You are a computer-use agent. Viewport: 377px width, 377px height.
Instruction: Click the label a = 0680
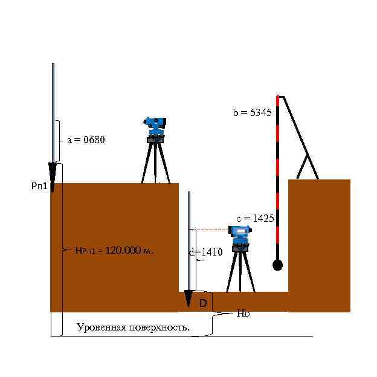tap(86, 140)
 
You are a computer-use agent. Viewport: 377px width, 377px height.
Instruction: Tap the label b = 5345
tap(252, 112)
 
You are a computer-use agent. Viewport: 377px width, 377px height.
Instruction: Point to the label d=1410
tap(206, 253)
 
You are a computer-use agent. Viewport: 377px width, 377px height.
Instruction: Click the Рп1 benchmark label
tap(39, 187)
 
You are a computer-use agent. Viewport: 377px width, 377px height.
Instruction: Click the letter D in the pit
tap(203, 303)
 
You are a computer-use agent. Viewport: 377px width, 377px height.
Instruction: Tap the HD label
tap(243, 314)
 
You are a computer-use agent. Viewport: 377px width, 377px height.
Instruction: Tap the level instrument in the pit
tap(240, 236)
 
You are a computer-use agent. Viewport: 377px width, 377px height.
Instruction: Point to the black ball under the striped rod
tap(277, 265)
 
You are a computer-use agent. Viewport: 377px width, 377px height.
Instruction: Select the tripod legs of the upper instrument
tap(156, 163)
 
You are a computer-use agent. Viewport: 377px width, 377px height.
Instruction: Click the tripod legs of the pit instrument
tap(240, 272)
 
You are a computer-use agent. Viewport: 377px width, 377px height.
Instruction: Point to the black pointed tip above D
tap(188, 299)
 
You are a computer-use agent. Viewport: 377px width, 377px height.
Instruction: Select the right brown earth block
tap(319, 245)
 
